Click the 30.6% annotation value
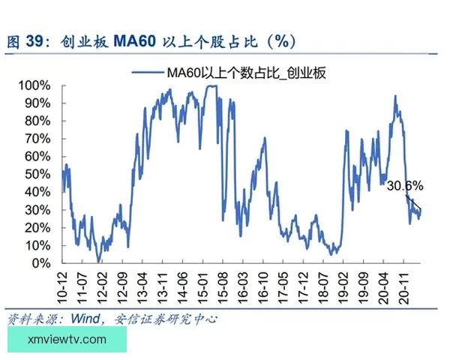(406, 184)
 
